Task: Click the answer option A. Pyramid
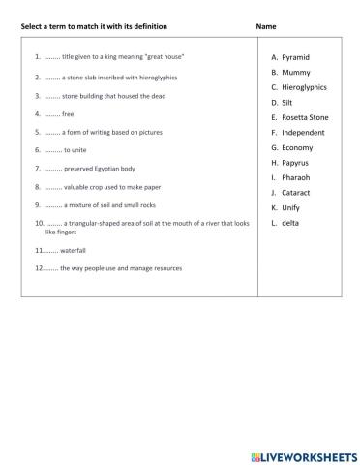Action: point(295,58)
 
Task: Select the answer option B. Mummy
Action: point(294,73)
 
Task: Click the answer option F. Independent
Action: point(299,132)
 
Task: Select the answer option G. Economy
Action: point(295,147)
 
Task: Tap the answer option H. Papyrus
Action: point(295,163)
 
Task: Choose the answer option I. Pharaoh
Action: point(295,178)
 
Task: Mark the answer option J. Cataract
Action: point(295,193)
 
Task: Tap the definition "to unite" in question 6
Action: point(75,150)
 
